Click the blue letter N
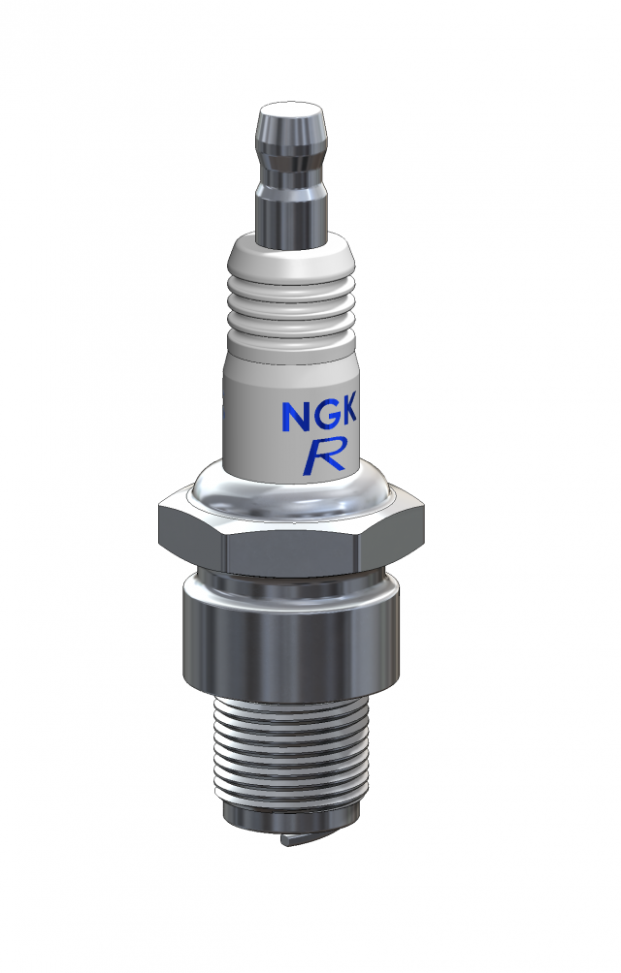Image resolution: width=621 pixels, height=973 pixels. coord(295,416)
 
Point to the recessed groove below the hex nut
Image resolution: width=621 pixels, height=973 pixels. coord(291,584)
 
